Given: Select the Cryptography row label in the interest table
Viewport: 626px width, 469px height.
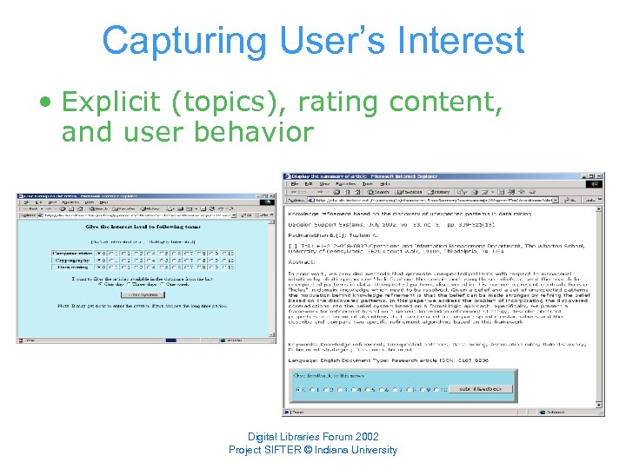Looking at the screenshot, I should pos(71,261).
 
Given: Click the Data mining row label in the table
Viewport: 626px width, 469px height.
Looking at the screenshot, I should pos(71,269).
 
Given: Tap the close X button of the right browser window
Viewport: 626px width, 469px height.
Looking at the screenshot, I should pos(598,177).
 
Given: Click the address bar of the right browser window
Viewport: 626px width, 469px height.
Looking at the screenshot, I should pos(435,201).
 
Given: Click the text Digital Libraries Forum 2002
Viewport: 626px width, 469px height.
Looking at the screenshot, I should pos(312,436).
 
